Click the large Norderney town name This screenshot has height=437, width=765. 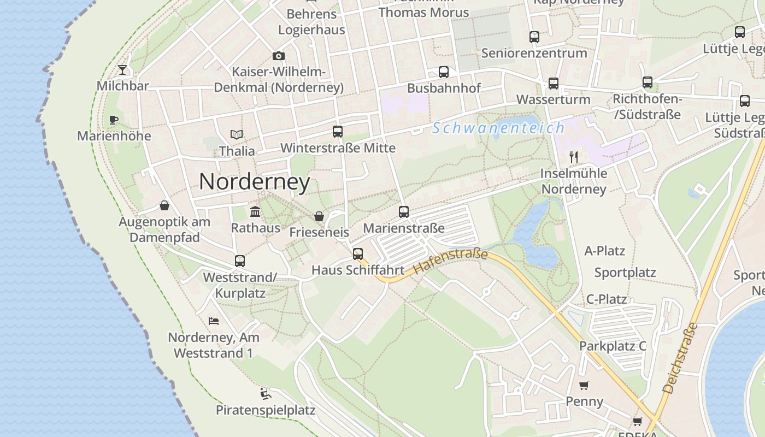click(255, 181)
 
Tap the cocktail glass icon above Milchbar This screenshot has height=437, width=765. click(122, 69)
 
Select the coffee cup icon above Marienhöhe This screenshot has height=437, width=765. click(114, 120)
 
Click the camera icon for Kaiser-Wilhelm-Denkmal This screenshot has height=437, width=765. click(279, 56)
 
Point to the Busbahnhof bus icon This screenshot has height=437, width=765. click(444, 72)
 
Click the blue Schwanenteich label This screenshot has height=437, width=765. click(498, 128)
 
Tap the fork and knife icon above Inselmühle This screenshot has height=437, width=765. click(574, 157)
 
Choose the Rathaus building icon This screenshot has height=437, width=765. click(255, 211)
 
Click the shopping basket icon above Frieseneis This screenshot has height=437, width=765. click(319, 216)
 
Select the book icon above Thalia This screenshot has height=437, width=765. click(237, 134)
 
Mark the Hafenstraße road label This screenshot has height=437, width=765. click(450, 261)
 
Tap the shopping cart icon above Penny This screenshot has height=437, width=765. click(584, 386)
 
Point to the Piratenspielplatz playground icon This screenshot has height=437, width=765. click(266, 393)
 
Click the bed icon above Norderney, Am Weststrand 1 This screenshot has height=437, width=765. click(214, 321)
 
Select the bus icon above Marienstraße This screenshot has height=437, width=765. click(404, 211)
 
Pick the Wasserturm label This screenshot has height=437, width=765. click(553, 99)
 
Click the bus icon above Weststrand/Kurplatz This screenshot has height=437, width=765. click(240, 261)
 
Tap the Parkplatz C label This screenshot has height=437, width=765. click(613, 346)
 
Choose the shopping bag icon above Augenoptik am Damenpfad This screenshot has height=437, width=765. click(164, 205)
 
